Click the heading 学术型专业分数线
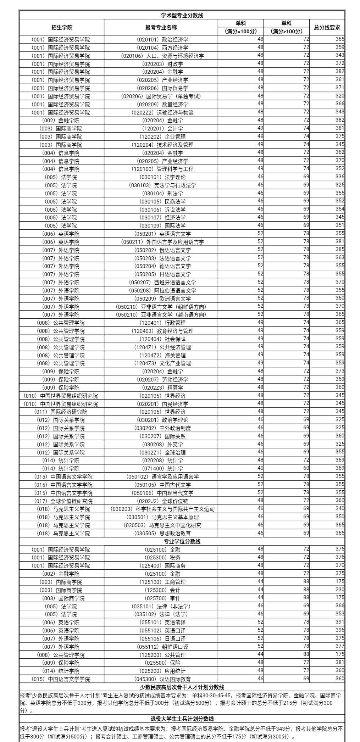click(x=182, y=15)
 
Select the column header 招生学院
click(x=62, y=27)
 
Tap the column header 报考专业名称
click(x=161, y=27)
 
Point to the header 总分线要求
click(x=327, y=27)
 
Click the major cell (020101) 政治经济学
click(x=162, y=40)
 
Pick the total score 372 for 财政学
click(x=339, y=63)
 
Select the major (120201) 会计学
click(x=162, y=128)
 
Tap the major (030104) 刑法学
click(x=162, y=193)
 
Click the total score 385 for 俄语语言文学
click(x=339, y=249)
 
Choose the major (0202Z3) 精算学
click(x=162, y=387)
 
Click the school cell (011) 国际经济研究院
click(x=61, y=412)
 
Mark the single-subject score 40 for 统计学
click(x=260, y=468)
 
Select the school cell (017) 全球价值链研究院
click(x=63, y=501)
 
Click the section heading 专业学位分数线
click(x=182, y=541)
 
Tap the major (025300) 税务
click(x=162, y=558)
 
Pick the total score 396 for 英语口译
click(x=339, y=630)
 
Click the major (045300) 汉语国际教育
click(x=162, y=679)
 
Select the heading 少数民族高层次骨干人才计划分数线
click(x=182, y=687)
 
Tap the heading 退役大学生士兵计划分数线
click(x=182, y=719)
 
